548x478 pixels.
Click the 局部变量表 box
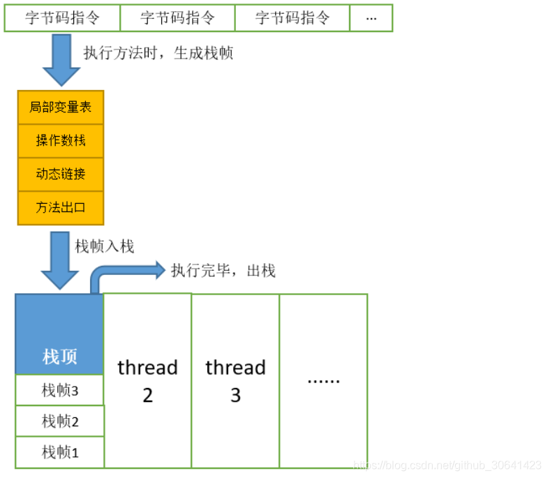point(61,107)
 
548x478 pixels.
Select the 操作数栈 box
point(61,141)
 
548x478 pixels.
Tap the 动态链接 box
point(61,174)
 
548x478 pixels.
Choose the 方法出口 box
point(61,208)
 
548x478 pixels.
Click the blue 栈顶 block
point(59,334)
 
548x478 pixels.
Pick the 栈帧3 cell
point(59,390)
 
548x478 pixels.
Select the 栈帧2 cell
point(59,421)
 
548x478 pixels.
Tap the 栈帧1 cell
point(59,452)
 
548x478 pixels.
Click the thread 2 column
point(147,381)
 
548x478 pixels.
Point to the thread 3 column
point(235,381)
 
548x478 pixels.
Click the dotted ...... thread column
point(323,381)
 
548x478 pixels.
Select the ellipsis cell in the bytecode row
point(371,18)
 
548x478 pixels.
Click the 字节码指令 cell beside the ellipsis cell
point(292,18)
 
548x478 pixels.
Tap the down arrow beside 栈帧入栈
point(60,260)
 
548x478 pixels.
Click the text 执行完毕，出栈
point(223,271)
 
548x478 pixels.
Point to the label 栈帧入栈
point(105,246)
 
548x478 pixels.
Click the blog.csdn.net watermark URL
point(447,465)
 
